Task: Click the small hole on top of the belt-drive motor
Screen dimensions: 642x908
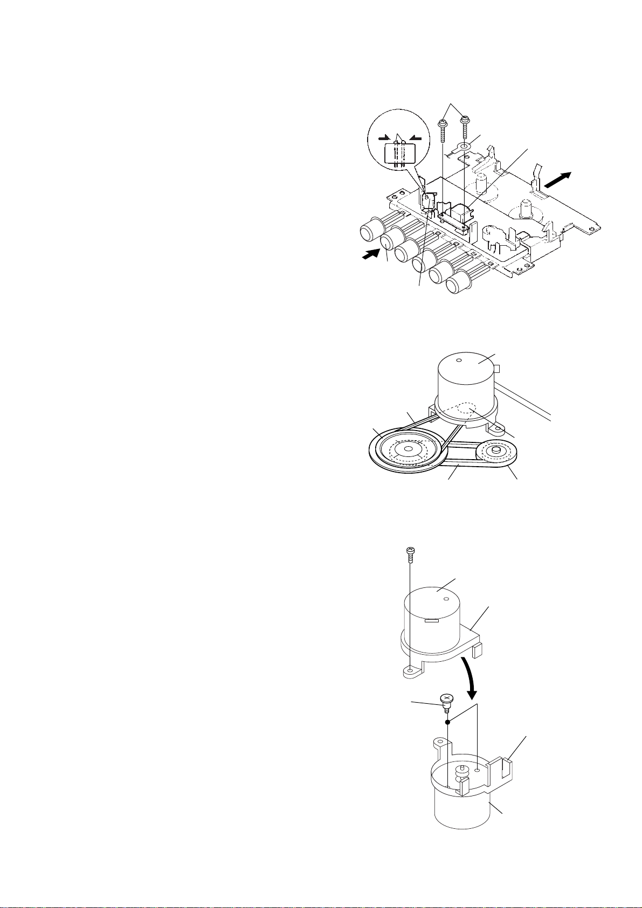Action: tap(459, 361)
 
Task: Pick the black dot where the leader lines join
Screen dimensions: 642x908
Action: tap(447, 722)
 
